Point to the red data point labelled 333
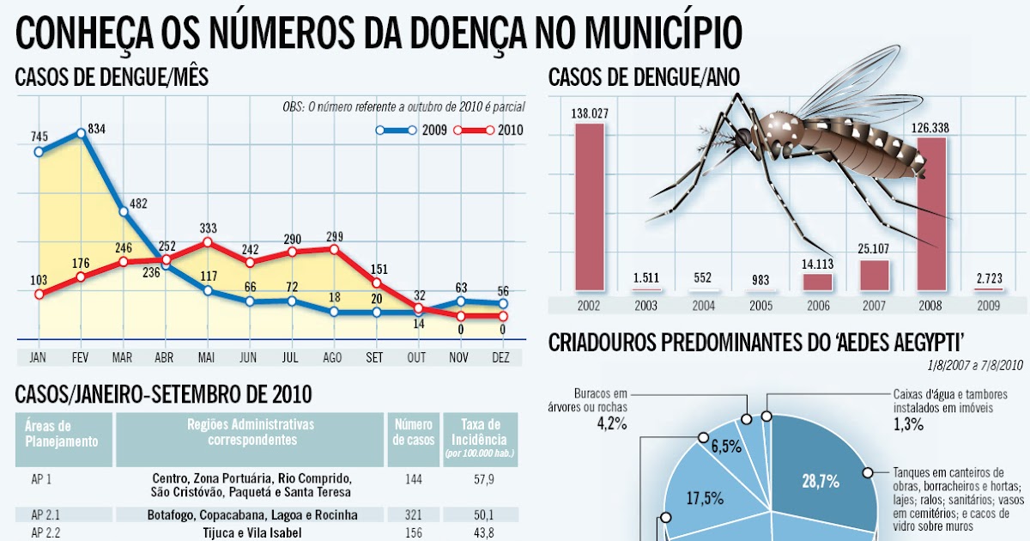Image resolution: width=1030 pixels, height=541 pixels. [x=207, y=242]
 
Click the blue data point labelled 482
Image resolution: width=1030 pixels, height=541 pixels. [x=124, y=211]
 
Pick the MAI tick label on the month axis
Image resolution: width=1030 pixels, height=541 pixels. [x=207, y=356]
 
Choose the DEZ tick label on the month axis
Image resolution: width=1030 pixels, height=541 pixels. [x=502, y=356]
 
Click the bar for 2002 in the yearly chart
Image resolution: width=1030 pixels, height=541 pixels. [x=589, y=206]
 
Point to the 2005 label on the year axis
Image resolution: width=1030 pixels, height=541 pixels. [x=760, y=305]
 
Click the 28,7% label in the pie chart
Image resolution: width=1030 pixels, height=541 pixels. [x=821, y=482]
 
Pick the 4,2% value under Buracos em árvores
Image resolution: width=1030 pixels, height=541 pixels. [x=612, y=423]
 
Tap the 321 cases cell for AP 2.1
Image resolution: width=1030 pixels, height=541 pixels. [x=413, y=515]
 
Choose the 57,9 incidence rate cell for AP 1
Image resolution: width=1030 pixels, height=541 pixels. [x=478, y=479]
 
